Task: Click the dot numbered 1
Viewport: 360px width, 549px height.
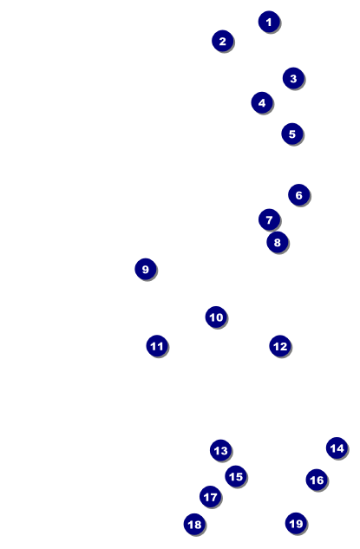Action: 269,22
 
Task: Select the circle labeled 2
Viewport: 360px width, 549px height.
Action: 222,41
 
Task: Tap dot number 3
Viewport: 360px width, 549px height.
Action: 293,78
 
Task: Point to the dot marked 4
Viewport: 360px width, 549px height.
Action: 262,102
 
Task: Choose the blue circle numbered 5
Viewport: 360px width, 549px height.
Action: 292,134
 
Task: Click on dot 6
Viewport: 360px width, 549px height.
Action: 298,194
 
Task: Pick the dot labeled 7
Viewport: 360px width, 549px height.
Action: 269,219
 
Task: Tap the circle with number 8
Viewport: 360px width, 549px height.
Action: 277,242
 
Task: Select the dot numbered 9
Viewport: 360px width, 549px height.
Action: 146,269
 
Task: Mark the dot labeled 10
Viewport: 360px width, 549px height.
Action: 216,317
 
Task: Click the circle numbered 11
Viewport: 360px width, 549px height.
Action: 157,346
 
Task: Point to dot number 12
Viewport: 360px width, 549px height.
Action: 280,346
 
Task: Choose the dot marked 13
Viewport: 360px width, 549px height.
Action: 220,450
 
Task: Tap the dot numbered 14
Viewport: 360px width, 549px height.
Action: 337,448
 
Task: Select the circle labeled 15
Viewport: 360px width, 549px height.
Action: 236,476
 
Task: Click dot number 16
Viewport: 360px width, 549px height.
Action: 317,480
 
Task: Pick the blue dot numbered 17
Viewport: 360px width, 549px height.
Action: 210,496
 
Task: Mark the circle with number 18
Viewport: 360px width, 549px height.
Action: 194,524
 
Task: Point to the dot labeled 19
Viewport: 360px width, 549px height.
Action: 296,524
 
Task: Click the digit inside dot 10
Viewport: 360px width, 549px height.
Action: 216,317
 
